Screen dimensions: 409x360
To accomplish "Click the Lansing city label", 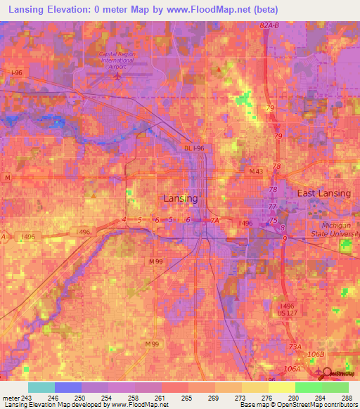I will pyautogui.click(x=180, y=199).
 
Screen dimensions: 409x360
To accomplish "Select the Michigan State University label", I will pyautogui.click(x=335, y=229).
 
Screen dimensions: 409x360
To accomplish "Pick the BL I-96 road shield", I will pyautogui.click(x=194, y=148).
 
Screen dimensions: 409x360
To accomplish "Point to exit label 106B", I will pyautogui.click(x=319, y=353).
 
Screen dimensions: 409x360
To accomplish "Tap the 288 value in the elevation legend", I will pyautogui.click(x=347, y=398).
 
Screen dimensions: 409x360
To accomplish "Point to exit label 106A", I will pyautogui.click(x=291, y=368).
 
